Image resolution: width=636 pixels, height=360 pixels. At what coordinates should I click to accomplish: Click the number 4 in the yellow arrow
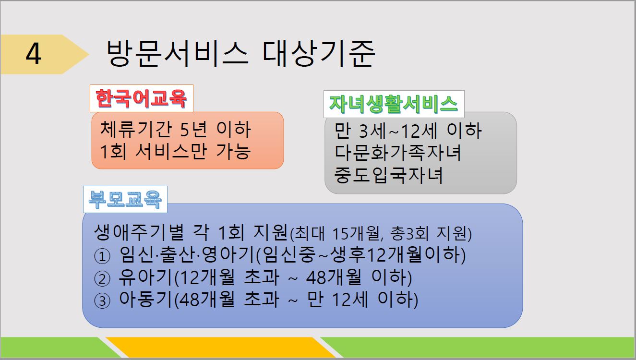pos(34,54)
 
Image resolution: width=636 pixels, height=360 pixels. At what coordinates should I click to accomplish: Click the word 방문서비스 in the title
pos(177,54)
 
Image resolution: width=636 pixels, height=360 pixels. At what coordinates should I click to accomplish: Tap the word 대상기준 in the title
pos(319,54)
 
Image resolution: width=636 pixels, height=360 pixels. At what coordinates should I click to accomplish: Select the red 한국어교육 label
pos(142,98)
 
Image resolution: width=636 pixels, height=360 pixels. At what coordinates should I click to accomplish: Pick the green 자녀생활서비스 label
pos(394,104)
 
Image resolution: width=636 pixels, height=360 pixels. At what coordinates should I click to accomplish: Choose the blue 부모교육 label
pos(125,199)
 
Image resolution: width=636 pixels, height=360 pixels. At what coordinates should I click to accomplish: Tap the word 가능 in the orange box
pos(233,151)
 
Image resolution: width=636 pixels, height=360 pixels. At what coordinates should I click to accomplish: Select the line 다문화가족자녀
pos(397,153)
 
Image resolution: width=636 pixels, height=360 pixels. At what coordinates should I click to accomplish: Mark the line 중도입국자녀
pos(388,175)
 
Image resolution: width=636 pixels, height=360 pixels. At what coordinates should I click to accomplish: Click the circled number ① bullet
pos(102,256)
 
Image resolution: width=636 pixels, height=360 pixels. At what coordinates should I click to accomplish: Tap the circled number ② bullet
pos(102,279)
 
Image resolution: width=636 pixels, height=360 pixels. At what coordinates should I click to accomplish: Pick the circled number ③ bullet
pos(102,301)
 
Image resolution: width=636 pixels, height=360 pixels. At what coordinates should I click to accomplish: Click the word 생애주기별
pos(139,232)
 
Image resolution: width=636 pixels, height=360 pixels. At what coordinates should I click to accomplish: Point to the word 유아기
pos(145,277)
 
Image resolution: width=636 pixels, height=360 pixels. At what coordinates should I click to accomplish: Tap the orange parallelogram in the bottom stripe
pos(221,347)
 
